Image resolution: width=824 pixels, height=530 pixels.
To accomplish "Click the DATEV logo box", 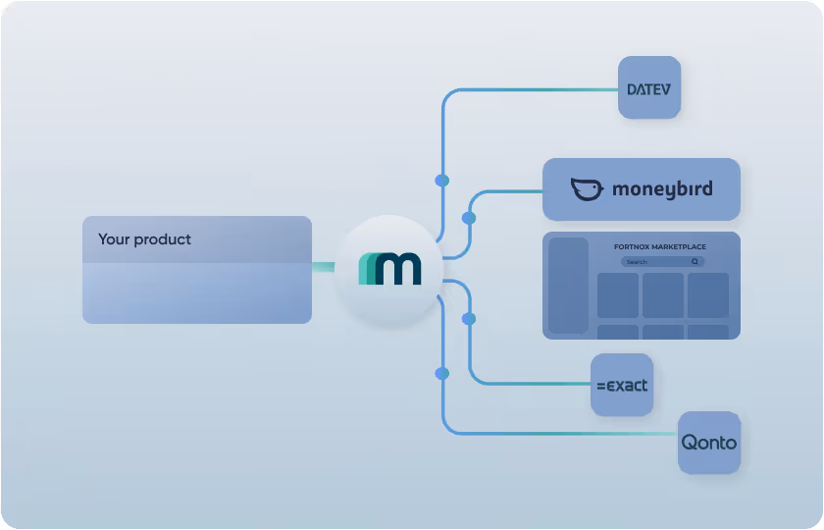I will (648, 88).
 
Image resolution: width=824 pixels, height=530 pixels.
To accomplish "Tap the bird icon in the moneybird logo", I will (587, 189).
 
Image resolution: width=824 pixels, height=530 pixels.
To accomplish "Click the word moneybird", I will (662, 189).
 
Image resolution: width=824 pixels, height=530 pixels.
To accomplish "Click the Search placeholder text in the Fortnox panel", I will (638, 262).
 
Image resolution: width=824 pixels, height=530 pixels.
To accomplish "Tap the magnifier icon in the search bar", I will (695, 262).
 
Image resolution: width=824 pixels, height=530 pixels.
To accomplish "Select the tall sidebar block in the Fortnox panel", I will (567, 285).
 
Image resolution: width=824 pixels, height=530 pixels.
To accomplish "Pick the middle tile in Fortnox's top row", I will (663, 295).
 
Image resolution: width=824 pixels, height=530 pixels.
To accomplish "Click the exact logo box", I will (622, 385).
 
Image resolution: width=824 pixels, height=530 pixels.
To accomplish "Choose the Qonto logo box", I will (709, 443).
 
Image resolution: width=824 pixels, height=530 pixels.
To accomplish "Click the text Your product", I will (144, 239).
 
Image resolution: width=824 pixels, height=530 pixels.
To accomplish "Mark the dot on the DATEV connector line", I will (441, 181).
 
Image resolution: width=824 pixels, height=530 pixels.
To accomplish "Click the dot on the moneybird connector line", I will (469, 218).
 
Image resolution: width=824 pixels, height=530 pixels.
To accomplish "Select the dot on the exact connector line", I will (469, 319).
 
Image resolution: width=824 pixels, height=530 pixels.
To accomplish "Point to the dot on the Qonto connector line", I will (441, 373).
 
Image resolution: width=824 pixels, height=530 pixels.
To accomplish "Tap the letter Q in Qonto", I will (690, 443).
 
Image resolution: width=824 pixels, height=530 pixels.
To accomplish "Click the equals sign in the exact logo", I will (600, 386).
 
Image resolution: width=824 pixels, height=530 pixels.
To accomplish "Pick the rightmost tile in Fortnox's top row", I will (707, 295).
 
